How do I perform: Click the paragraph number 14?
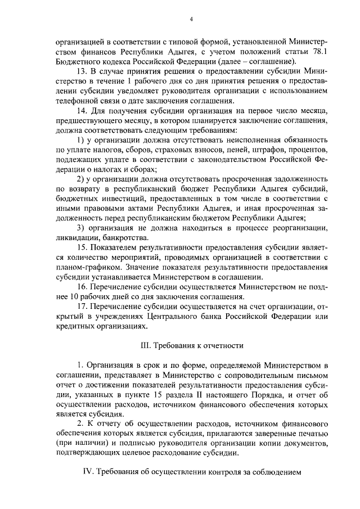click(x=80, y=111)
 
